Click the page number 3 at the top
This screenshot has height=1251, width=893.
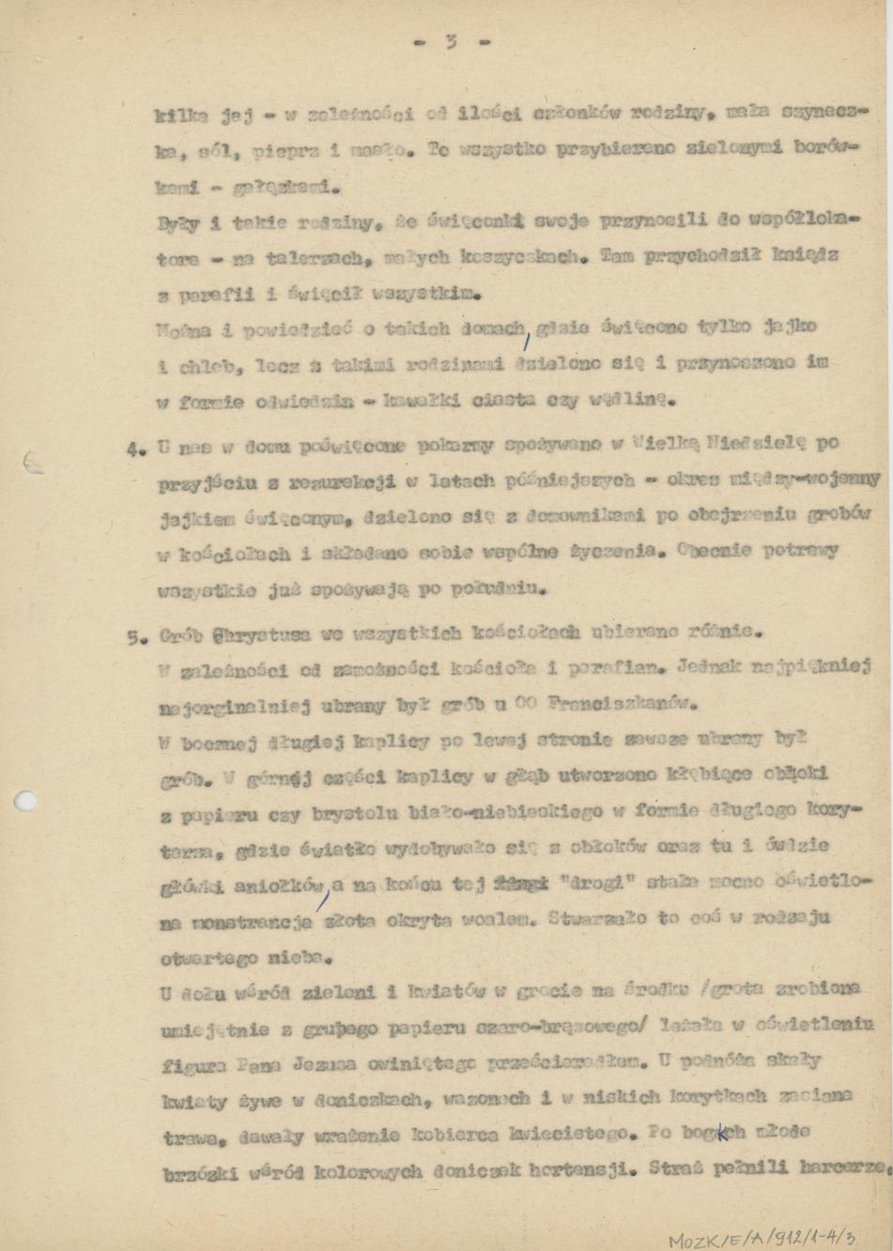pyautogui.click(x=452, y=41)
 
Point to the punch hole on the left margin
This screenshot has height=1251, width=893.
pyautogui.click(x=26, y=801)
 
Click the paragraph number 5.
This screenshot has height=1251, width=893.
pyautogui.click(x=133, y=635)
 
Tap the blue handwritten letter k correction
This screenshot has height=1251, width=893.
pyautogui.click(x=722, y=1133)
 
